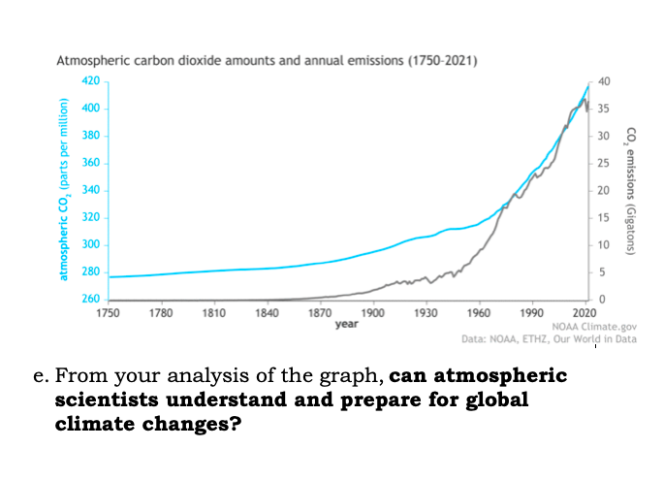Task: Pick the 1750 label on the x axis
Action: [108, 312]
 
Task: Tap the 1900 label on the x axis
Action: [371, 312]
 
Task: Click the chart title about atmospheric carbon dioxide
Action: [267, 61]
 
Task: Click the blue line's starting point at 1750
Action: [109, 277]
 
